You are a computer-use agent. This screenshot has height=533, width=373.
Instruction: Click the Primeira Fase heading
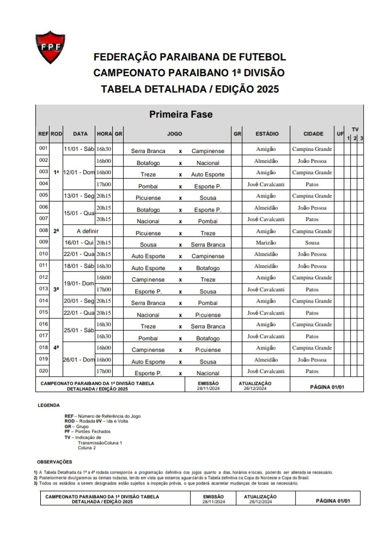(x=181, y=114)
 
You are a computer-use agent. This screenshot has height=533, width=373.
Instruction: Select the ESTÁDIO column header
(x=267, y=133)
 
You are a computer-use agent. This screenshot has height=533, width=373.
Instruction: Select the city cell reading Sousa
(x=312, y=242)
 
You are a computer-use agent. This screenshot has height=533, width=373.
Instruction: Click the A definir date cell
(x=80, y=231)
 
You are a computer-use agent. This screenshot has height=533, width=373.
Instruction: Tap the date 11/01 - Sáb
(x=80, y=149)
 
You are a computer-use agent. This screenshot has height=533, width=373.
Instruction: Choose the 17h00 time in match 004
(x=103, y=184)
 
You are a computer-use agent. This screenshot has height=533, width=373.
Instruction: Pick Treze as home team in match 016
(x=148, y=326)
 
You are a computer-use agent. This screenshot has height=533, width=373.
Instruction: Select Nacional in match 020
(x=208, y=373)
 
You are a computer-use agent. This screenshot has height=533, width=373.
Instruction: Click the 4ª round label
(x=57, y=347)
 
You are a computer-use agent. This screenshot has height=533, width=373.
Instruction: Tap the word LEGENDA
(x=49, y=405)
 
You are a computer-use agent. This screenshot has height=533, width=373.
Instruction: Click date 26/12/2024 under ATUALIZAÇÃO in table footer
(x=254, y=389)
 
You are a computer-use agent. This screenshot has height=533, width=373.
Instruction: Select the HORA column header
(x=104, y=133)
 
